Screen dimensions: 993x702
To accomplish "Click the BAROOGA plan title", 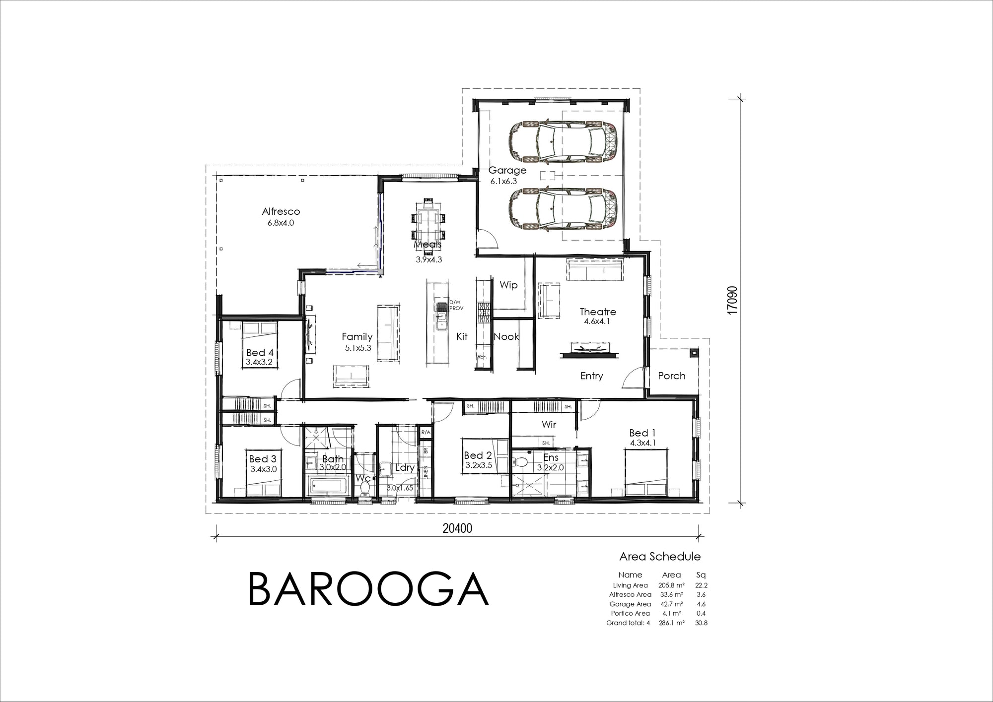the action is [368, 589].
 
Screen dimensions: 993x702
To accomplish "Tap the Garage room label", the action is [507, 170].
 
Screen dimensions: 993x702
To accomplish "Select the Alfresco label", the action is [281, 211].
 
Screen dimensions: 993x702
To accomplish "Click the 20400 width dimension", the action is [457, 529].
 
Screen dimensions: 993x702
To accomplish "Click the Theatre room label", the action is [598, 312].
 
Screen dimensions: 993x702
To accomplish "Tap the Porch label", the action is [671, 376].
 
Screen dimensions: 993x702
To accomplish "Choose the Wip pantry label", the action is [508, 285].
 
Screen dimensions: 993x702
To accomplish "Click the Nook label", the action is [506, 336].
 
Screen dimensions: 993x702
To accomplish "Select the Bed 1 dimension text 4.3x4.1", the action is [643, 443].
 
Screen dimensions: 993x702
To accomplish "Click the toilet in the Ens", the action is [521, 461].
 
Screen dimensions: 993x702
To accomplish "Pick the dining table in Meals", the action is [428, 219].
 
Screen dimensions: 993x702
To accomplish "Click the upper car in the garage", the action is [562, 141].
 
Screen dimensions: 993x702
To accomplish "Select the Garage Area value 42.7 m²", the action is [671, 604].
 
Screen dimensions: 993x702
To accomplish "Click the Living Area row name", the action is [630, 585].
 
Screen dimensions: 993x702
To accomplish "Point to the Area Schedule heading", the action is [660, 557].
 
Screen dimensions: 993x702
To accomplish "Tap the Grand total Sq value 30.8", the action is [701, 623].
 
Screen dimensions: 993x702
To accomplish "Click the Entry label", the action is [591, 376].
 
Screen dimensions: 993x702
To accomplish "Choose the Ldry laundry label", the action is [405, 467].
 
